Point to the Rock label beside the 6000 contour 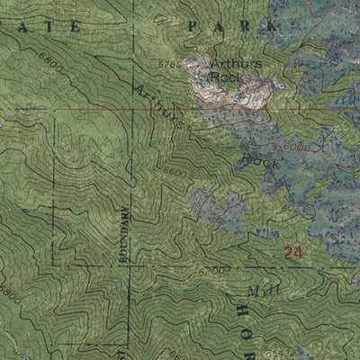point(257,163)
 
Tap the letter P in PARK point(192,28)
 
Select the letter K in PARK point(267,28)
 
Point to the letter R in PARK point(243,28)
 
